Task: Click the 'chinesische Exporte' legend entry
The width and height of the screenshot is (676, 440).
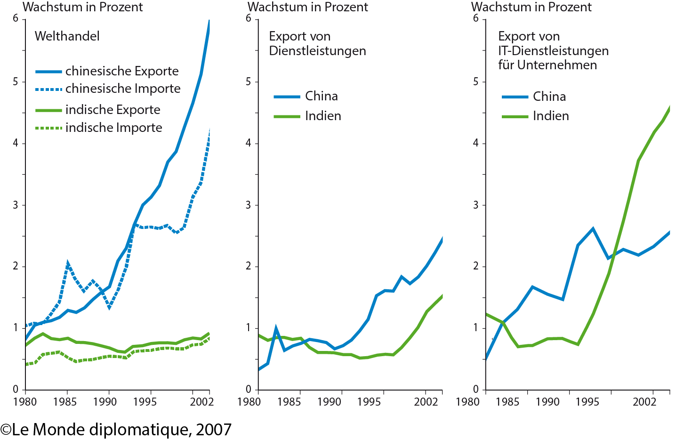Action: pos(121,71)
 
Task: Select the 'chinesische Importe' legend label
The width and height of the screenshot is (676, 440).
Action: pos(122,89)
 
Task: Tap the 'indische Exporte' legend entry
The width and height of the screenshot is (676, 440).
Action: pos(113,110)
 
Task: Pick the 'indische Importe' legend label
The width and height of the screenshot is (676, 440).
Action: pos(113,128)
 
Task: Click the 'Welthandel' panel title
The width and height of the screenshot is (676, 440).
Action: pos(67,36)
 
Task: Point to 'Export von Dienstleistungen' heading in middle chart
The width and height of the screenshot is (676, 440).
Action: pos(317,43)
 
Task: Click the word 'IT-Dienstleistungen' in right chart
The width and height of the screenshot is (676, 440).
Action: pos(553,51)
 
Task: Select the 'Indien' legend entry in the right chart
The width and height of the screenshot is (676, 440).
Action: pos(550,116)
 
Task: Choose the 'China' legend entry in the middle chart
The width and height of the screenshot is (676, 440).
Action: pos(321,96)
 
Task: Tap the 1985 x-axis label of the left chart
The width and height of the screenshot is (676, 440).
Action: pos(65,402)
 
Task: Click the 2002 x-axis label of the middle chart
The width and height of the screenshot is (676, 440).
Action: pos(426,402)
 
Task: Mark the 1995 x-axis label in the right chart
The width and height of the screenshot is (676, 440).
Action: pos(587,402)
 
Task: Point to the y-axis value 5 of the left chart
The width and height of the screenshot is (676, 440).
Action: pos(16,81)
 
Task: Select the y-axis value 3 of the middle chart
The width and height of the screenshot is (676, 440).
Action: pos(249,205)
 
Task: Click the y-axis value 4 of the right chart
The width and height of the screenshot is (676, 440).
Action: pos(476,143)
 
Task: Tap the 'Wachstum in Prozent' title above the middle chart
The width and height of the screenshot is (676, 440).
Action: pos(307,7)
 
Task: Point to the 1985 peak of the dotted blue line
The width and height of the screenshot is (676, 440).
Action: pos(67,262)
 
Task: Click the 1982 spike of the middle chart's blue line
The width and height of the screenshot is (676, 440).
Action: pos(275,326)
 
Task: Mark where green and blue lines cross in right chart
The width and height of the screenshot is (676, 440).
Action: pos(614,254)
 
